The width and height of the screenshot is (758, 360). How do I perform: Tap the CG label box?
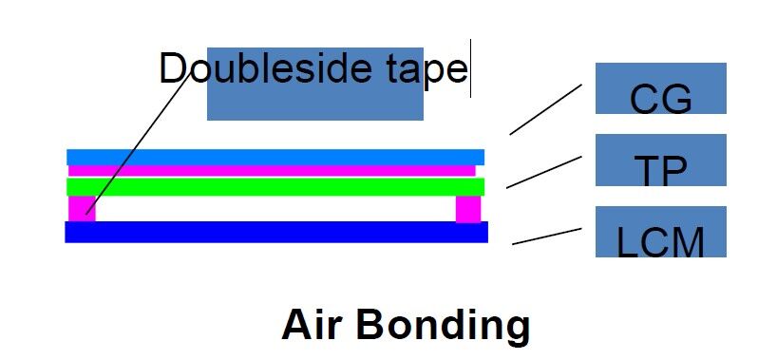pos(660,89)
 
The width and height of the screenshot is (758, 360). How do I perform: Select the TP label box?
pos(660,161)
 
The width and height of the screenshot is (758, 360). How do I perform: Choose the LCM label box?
pos(660,233)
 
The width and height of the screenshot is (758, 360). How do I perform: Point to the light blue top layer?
pos(275,157)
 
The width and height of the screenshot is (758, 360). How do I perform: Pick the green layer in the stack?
pos(275,186)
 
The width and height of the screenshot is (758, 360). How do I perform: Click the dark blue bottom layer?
pos(275,232)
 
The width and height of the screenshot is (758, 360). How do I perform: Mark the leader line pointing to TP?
pos(543,172)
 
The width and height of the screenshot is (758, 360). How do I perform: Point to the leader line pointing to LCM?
pos(546,237)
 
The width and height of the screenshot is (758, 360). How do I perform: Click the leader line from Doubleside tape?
pos(133,142)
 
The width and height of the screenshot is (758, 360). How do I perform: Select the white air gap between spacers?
pos(275,208)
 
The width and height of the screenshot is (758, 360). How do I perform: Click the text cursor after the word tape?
pos(471,67)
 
